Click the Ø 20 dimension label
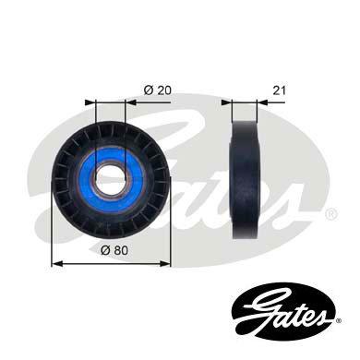tap(157, 90)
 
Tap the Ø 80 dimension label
tap(114, 250)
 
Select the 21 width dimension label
tap(279, 90)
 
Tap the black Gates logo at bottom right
tap(282, 312)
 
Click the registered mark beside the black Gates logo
tap(339, 321)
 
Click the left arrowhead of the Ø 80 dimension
tap(57, 263)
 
